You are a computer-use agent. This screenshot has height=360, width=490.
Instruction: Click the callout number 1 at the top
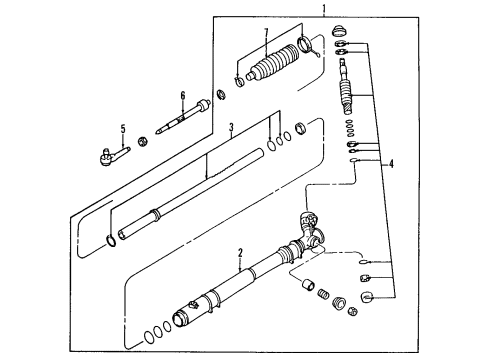pos(324,8)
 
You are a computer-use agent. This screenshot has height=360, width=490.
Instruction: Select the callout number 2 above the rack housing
pos(240,253)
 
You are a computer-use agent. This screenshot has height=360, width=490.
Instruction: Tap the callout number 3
pos(231,127)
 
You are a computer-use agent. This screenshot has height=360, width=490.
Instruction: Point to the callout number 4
pos(391,164)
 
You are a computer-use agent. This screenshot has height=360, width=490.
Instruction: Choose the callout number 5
pos(123,129)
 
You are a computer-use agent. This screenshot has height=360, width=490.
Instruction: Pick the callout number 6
pos(183,96)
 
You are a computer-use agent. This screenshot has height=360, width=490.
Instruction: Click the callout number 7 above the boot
pos(266,33)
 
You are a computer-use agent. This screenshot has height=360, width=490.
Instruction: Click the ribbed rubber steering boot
pos(273,63)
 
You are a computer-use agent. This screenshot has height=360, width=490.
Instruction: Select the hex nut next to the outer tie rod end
pos(143,141)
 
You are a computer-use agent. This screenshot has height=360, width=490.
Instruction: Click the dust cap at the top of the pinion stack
pos(340,31)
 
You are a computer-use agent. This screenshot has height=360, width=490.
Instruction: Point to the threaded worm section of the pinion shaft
pos(346,96)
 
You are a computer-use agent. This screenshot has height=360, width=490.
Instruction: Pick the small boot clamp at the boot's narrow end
pos(239,81)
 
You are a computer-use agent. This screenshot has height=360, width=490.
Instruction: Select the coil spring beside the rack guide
pos(322,294)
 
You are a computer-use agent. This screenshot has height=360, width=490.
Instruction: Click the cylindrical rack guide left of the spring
pos(308,285)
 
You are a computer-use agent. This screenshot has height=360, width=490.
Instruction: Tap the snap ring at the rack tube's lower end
pos(111,241)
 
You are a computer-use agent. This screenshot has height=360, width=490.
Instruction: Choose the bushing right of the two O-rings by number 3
pos(301,128)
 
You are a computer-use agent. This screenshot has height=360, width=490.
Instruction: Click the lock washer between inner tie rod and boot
pos(221,94)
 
